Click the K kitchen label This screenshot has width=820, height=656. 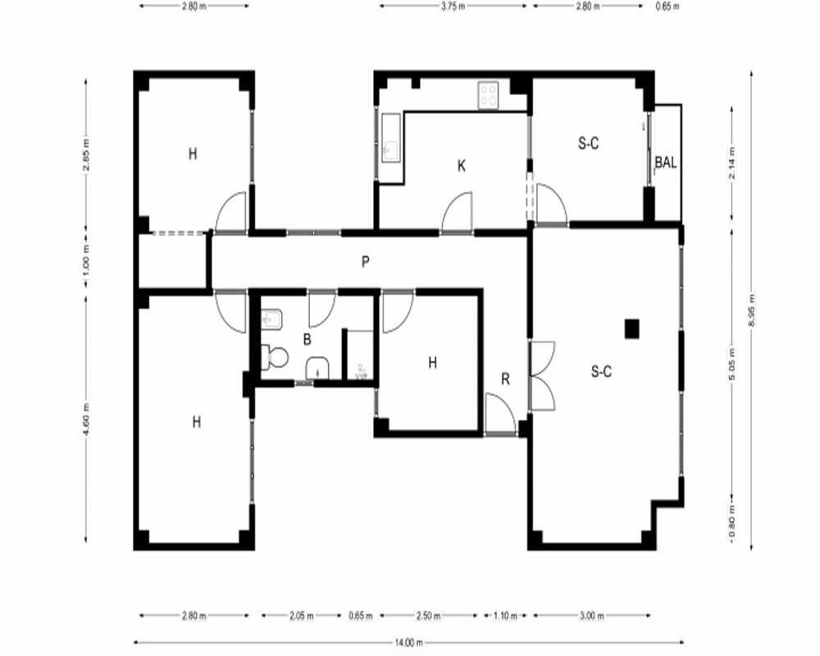click(x=461, y=166)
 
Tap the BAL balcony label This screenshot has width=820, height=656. click(x=666, y=162)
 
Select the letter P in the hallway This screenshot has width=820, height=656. click(x=365, y=262)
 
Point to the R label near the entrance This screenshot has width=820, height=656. click(x=505, y=380)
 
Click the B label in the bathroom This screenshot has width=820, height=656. click(x=307, y=339)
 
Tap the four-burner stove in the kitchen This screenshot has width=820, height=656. click(x=488, y=95)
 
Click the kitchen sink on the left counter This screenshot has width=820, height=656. click(x=390, y=138)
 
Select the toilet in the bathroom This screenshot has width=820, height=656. click(x=275, y=358)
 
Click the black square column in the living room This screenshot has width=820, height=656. click(x=631, y=329)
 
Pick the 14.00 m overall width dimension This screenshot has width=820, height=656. click(x=408, y=642)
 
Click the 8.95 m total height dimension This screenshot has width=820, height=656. click(x=752, y=310)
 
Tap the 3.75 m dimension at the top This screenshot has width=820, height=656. click(x=453, y=7)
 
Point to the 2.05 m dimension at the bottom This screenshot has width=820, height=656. click(x=301, y=616)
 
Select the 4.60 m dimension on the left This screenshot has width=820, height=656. click(x=86, y=418)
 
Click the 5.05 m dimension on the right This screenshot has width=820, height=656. click(x=731, y=364)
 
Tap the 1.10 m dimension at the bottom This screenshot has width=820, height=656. click(x=505, y=616)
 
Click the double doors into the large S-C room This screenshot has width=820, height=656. click(x=542, y=376)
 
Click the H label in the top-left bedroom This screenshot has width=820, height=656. click(x=193, y=154)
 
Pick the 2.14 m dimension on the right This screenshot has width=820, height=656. click(x=731, y=162)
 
